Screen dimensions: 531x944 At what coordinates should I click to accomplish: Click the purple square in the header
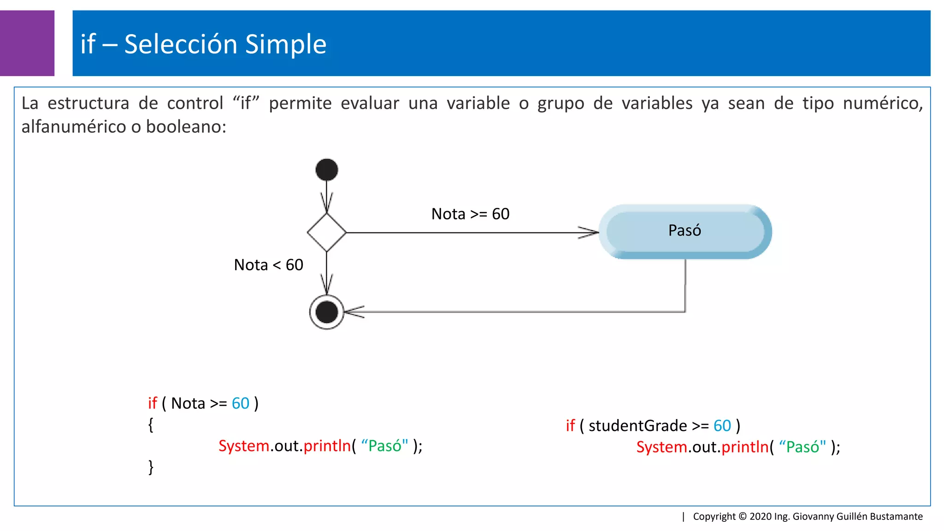tap(27, 43)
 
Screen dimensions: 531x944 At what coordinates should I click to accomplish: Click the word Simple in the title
tap(285, 44)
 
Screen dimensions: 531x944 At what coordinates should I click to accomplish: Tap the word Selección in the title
tap(181, 44)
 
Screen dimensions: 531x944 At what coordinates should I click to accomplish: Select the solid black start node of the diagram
tap(326, 170)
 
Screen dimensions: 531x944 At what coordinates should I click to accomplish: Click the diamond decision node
tap(326, 232)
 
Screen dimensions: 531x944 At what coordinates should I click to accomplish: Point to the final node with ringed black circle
tap(326, 312)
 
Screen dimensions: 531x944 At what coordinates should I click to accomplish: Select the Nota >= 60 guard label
tap(470, 214)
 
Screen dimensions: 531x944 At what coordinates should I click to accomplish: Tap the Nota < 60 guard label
tap(268, 265)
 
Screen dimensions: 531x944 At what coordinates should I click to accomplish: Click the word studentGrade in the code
tap(638, 425)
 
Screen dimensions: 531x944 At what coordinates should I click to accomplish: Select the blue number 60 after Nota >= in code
tap(240, 403)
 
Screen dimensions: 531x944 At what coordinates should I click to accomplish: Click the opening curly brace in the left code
tap(151, 425)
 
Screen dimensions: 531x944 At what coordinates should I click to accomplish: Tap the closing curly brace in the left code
tap(151, 467)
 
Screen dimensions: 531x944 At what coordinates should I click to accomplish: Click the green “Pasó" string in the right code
tap(802, 447)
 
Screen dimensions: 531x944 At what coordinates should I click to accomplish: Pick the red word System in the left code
tap(243, 446)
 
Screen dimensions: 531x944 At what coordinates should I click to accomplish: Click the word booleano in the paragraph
tap(186, 127)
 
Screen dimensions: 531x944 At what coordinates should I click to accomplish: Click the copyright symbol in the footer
tap(743, 516)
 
